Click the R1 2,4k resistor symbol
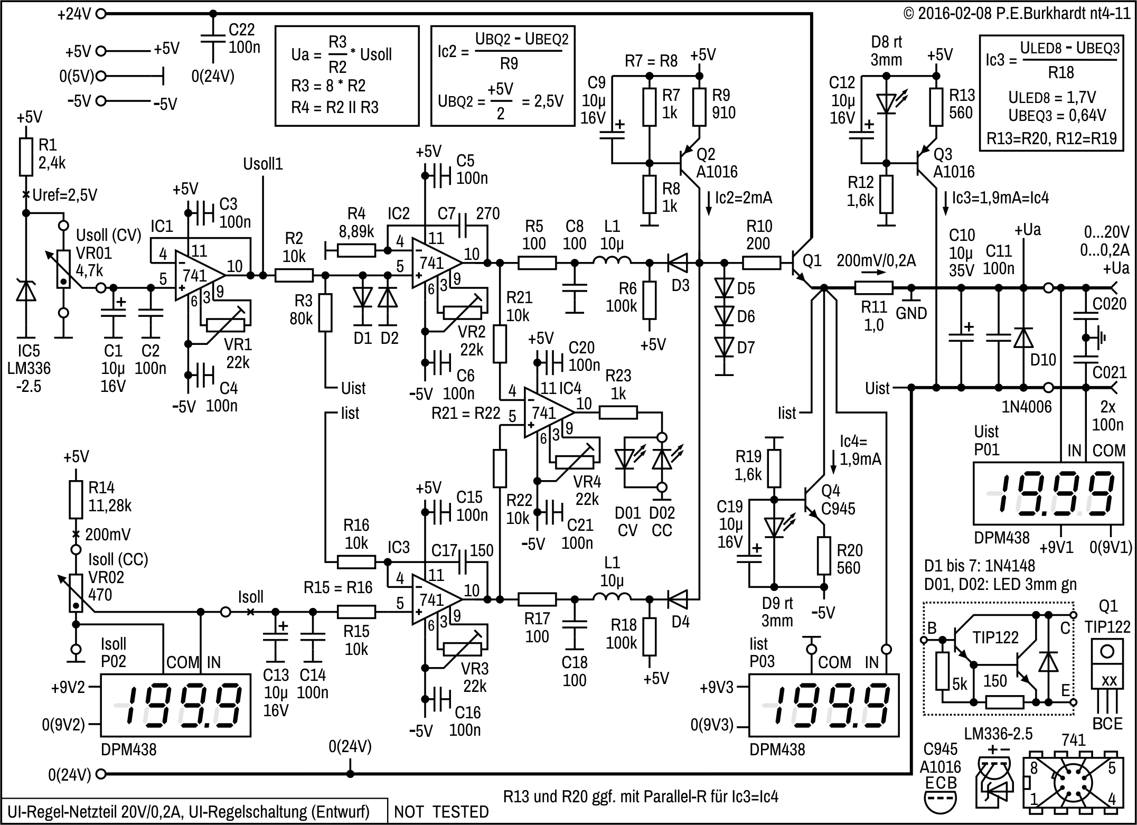[26, 157]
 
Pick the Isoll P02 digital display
[175, 705]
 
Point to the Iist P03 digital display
[824, 705]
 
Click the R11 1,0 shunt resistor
[873, 288]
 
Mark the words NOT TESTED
[441, 812]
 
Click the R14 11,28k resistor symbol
[76, 499]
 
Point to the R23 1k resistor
[618, 412]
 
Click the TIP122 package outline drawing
[1107, 670]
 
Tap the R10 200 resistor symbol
[761, 261]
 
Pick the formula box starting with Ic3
[1051, 93]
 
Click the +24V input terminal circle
[101, 14]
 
